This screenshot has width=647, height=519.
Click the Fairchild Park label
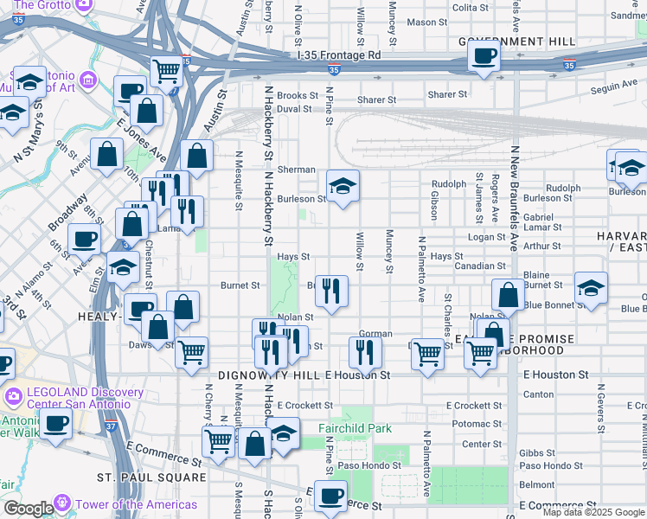tap(366, 428)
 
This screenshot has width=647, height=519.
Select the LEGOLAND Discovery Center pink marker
tap(12, 396)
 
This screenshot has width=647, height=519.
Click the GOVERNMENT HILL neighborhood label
tap(516, 42)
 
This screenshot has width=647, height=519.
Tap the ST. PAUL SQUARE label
tap(151, 477)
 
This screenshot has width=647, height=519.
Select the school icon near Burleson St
tap(343, 186)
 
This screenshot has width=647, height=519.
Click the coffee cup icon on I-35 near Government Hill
tap(484, 56)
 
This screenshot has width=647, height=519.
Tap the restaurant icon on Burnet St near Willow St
tap(330, 291)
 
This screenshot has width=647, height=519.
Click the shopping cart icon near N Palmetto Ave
tap(427, 353)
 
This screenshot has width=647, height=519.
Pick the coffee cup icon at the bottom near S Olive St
tap(330, 497)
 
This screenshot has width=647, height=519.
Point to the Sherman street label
tap(296, 170)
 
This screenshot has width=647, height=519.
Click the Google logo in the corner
tap(29, 509)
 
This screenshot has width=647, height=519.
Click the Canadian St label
tap(480, 266)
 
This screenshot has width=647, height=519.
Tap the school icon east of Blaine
tap(591, 288)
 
